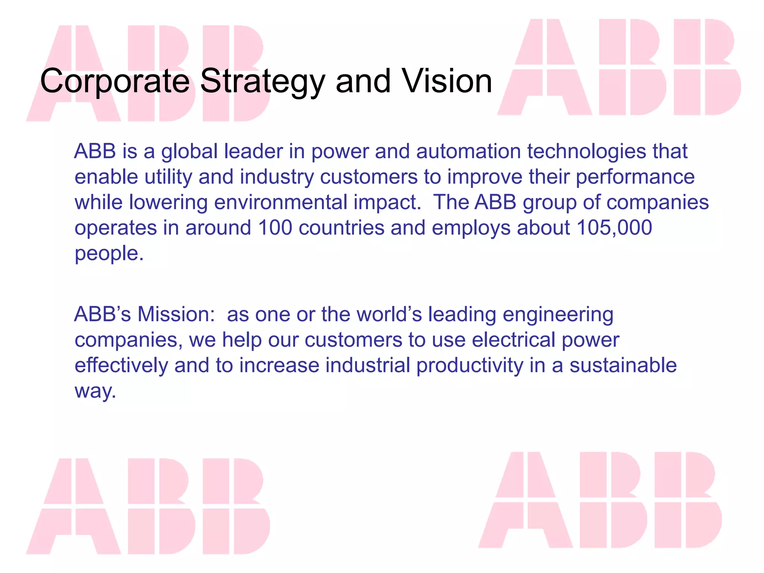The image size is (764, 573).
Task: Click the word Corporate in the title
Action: [115, 81]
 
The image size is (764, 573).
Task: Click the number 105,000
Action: [614, 228]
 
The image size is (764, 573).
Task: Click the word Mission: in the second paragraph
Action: [176, 314]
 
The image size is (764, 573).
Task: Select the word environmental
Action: [281, 202]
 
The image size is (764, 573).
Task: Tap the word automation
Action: [468, 151]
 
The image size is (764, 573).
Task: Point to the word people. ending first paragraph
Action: [109, 254]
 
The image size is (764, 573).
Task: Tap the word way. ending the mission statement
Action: [95, 391]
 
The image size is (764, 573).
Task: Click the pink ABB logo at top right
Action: [619, 67]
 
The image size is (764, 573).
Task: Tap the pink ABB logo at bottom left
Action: [148, 506]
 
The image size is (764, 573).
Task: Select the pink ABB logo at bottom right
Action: [600, 500]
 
